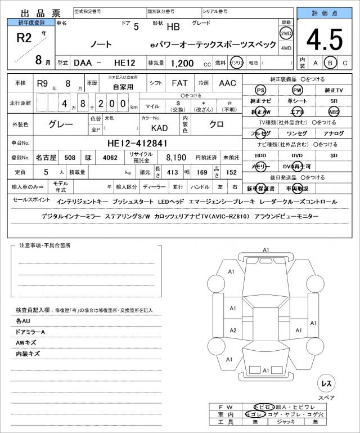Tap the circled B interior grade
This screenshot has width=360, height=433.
point(331,63)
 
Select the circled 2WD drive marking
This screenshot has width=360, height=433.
point(286,33)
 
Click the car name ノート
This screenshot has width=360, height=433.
point(101,44)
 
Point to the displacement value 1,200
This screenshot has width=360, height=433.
point(183,64)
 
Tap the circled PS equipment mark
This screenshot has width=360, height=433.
point(260,90)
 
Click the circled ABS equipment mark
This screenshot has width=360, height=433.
point(334,112)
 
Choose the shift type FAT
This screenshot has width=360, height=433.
point(179,83)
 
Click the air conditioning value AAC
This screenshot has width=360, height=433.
point(228,83)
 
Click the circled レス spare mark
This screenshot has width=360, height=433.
point(326,383)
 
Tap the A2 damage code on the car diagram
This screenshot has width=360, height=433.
point(233,331)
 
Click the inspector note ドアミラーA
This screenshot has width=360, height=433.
point(31,332)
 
